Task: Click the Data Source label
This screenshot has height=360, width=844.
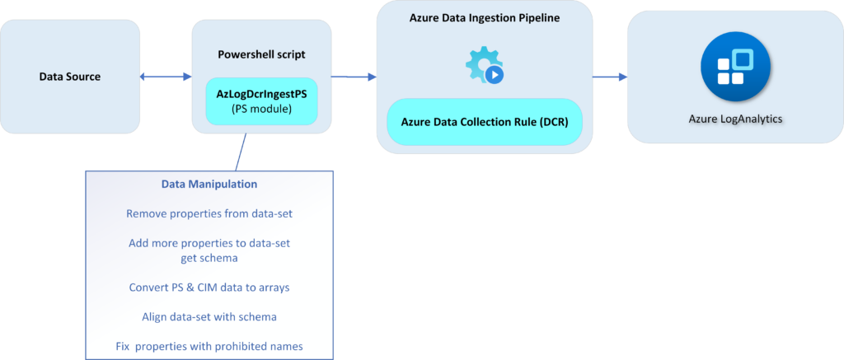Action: pos(70,77)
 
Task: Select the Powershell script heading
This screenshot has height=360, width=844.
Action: pos(260,54)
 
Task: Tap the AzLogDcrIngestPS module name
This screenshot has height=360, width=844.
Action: pos(261,94)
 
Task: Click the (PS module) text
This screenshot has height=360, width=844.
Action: pos(261,109)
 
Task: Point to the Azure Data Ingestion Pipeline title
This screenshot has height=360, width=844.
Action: pos(484,18)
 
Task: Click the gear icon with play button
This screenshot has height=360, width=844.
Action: pos(485,66)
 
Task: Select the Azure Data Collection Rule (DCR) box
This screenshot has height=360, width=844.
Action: pos(484,121)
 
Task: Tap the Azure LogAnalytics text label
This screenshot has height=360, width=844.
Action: pos(735,119)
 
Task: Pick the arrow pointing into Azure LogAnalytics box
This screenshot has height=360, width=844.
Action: pos(609,77)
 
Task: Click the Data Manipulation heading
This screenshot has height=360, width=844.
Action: pos(209,185)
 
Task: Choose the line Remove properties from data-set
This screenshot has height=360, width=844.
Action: pos(209,213)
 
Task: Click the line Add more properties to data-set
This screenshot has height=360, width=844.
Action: pos(209,244)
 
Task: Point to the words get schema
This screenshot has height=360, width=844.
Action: pos(209,257)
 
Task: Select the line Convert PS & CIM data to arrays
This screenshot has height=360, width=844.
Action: pos(209,288)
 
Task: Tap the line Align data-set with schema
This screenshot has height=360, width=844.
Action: pos(209,316)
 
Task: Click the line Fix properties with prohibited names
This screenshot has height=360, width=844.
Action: pos(209,346)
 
